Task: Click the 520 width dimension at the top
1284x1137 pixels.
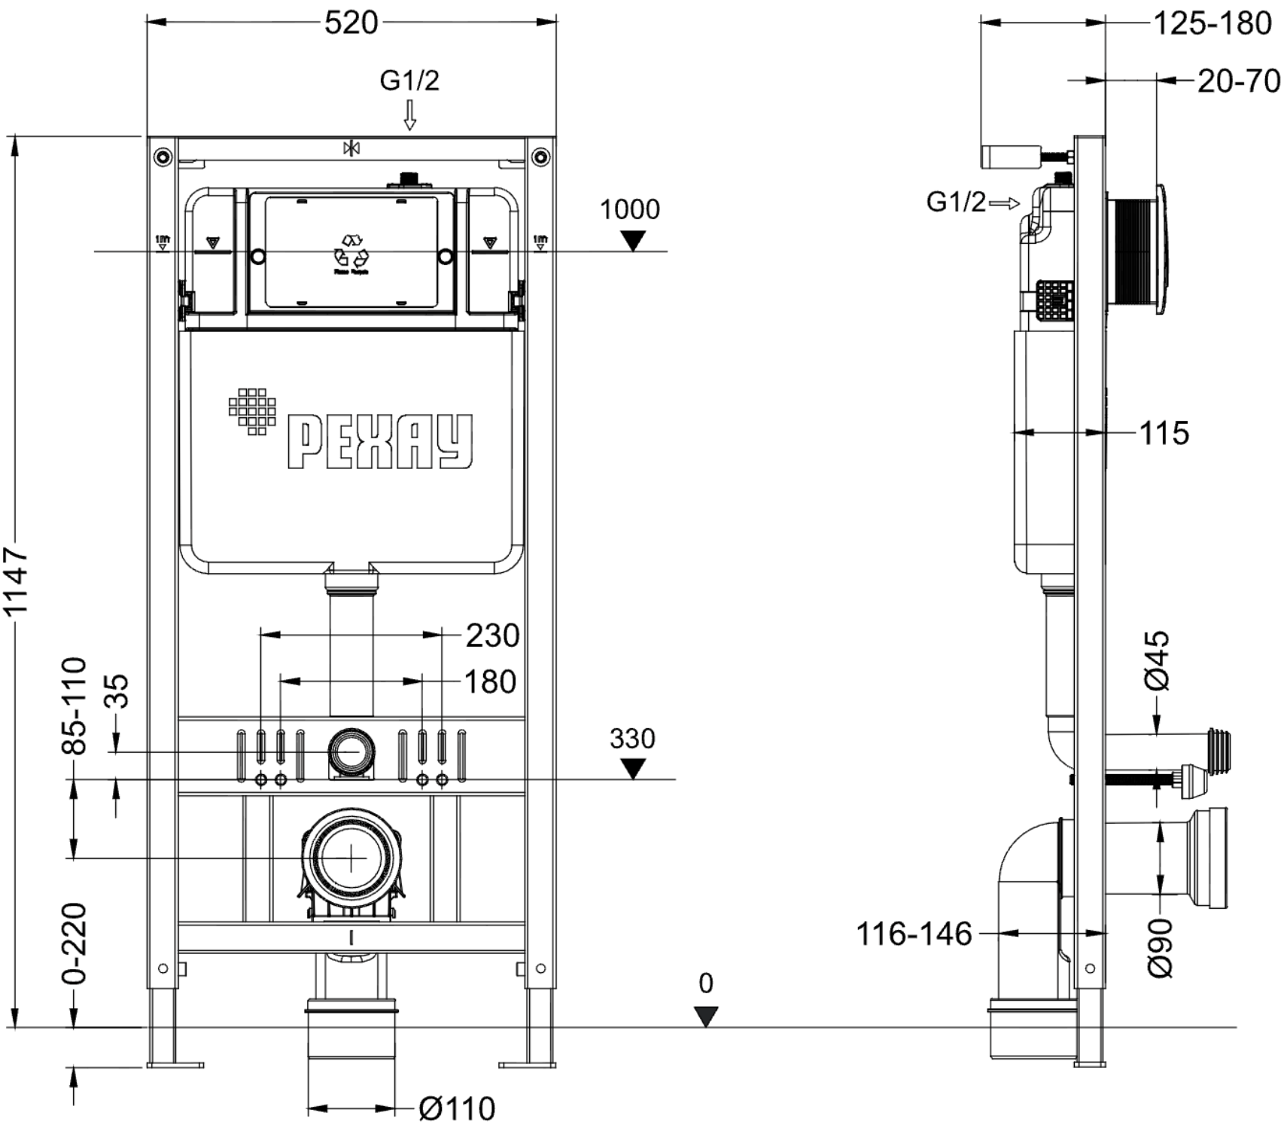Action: pos(351,23)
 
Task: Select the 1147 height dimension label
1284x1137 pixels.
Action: pos(17,581)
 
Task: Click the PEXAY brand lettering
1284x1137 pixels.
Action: pos(380,442)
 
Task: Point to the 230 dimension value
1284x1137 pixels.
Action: pos(492,636)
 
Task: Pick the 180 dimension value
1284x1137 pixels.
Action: pos(490,682)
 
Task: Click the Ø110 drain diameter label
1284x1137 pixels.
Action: pos(457,1108)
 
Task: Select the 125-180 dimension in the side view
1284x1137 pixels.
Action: pos(1212,23)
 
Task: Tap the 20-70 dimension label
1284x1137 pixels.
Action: pos(1238,81)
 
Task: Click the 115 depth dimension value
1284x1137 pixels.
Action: pos(1164,433)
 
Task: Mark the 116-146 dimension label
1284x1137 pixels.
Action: pos(914,934)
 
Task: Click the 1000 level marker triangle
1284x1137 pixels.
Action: pos(634,241)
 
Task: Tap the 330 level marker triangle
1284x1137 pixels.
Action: pos(634,770)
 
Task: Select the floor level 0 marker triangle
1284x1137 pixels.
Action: pos(705,1017)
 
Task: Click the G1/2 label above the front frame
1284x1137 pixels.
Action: pos(409,80)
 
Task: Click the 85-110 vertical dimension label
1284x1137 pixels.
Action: pos(75,706)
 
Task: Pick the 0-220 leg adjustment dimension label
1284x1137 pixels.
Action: pos(75,943)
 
